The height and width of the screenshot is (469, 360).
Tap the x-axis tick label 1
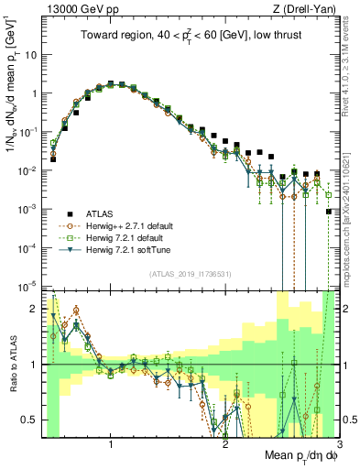click(111, 443)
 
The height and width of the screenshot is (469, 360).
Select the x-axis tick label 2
click(224, 443)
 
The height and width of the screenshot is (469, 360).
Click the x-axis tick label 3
click(336, 443)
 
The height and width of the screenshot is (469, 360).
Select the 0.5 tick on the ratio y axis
click(29, 420)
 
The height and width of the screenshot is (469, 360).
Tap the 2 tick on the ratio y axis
click(33, 309)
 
